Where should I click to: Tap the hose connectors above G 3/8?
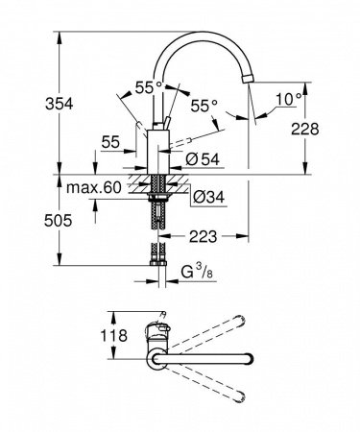tap(158, 258)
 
